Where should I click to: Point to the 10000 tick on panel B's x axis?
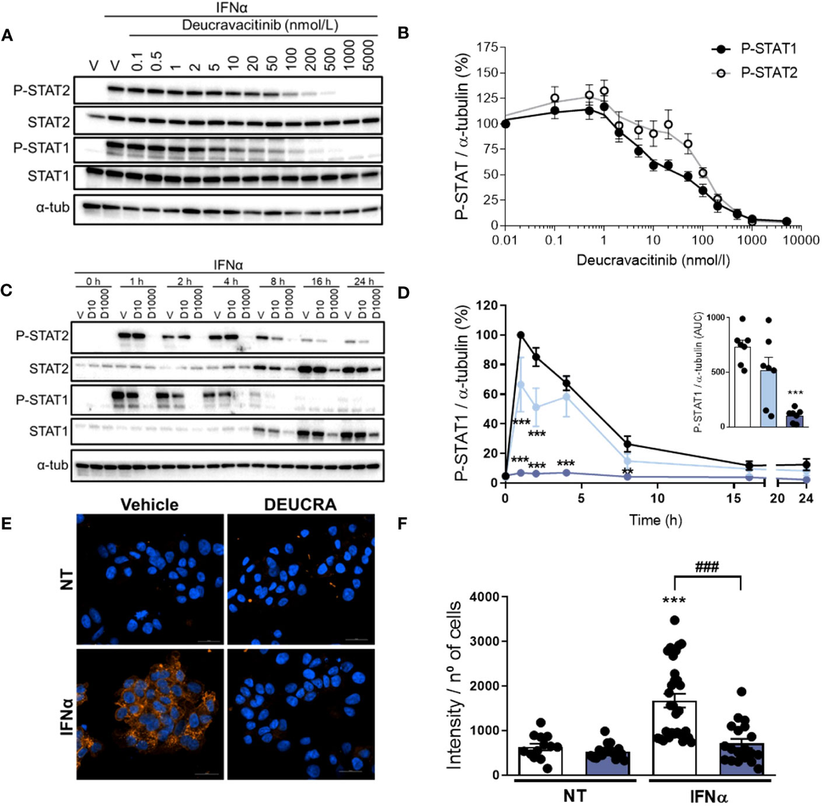pos(802,241)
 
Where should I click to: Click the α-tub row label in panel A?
pos(53,207)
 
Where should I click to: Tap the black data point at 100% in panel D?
pos(521,335)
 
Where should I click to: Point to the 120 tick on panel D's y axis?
pos(486,305)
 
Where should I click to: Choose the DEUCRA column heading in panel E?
pos(301,505)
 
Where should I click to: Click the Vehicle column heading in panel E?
pos(150,505)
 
